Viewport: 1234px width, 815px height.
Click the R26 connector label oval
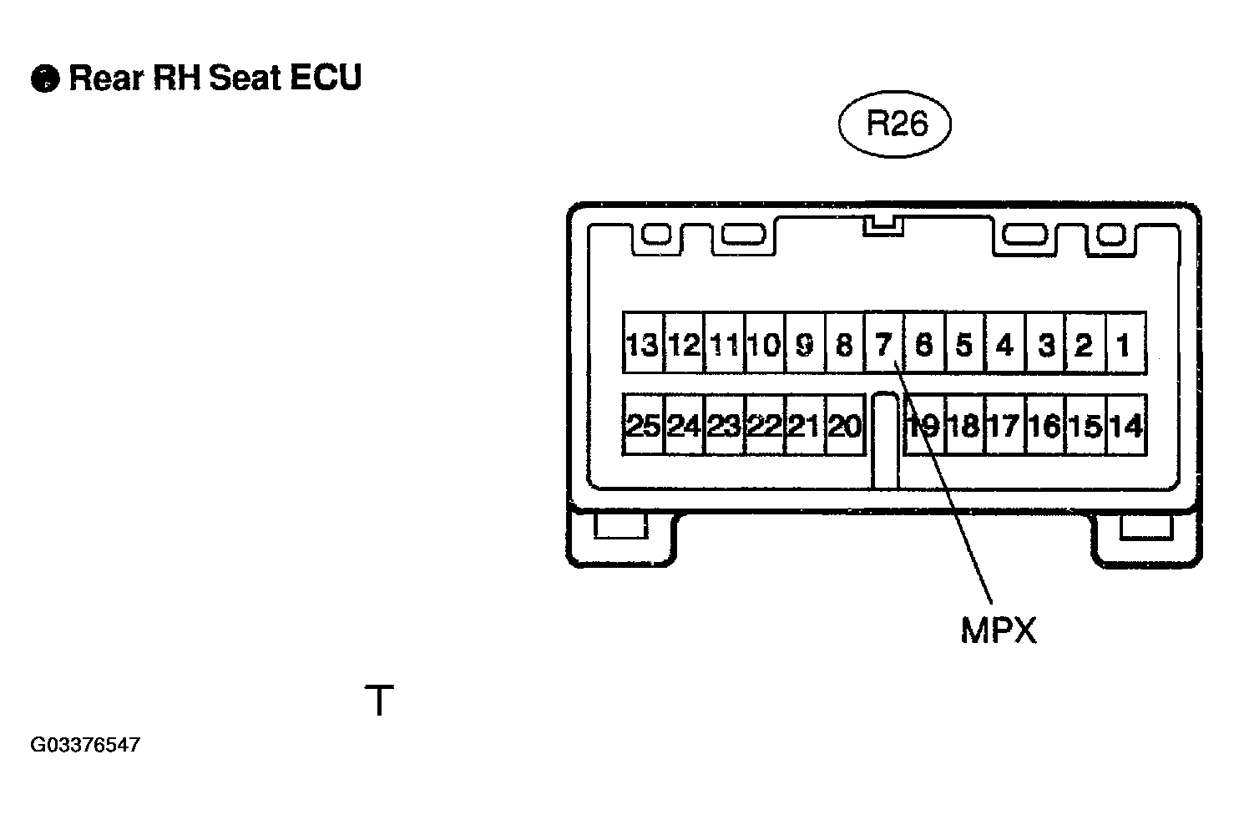[895, 124]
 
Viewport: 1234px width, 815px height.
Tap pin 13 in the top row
[643, 343]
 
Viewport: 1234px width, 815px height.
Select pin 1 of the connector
[1126, 343]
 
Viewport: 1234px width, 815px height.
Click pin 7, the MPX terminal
[884, 343]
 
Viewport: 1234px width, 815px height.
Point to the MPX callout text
[999, 630]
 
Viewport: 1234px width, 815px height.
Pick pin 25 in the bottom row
[643, 425]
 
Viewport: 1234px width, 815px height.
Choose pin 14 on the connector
[1126, 425]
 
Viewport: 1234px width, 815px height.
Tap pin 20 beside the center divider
[845, 425]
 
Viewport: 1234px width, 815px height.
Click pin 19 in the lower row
[925, 425]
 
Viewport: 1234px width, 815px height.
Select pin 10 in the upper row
[764, 343]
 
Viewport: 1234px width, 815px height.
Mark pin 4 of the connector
[1005, 343]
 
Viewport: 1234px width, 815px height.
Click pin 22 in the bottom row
[764, 425]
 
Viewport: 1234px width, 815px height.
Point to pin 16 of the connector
[1045, 425]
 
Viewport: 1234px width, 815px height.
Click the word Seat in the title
[245, 77]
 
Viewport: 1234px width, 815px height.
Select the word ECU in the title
[325, 77]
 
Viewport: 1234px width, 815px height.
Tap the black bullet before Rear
[45, 78]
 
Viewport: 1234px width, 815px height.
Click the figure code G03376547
[85, 745]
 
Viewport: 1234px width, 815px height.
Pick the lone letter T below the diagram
[380, 700]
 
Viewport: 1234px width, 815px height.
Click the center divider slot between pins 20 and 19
[886, 440]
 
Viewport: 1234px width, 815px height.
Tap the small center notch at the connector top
[883, 226]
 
